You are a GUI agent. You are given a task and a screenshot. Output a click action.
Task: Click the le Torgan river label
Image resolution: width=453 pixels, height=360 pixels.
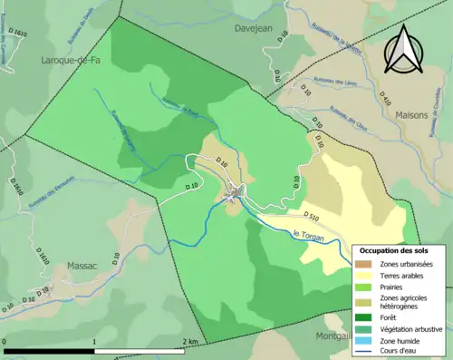coord(309,235)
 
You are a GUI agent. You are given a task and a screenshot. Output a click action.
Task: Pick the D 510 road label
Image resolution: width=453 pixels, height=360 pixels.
coord(308,218)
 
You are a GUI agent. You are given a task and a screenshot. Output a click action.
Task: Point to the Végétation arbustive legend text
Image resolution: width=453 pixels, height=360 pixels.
coord(411,329)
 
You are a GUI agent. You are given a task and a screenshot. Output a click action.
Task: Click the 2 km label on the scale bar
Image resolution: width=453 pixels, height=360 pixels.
coord(190,342)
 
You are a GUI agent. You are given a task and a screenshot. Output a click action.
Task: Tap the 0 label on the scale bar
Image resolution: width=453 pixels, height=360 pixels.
coord(5,342)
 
